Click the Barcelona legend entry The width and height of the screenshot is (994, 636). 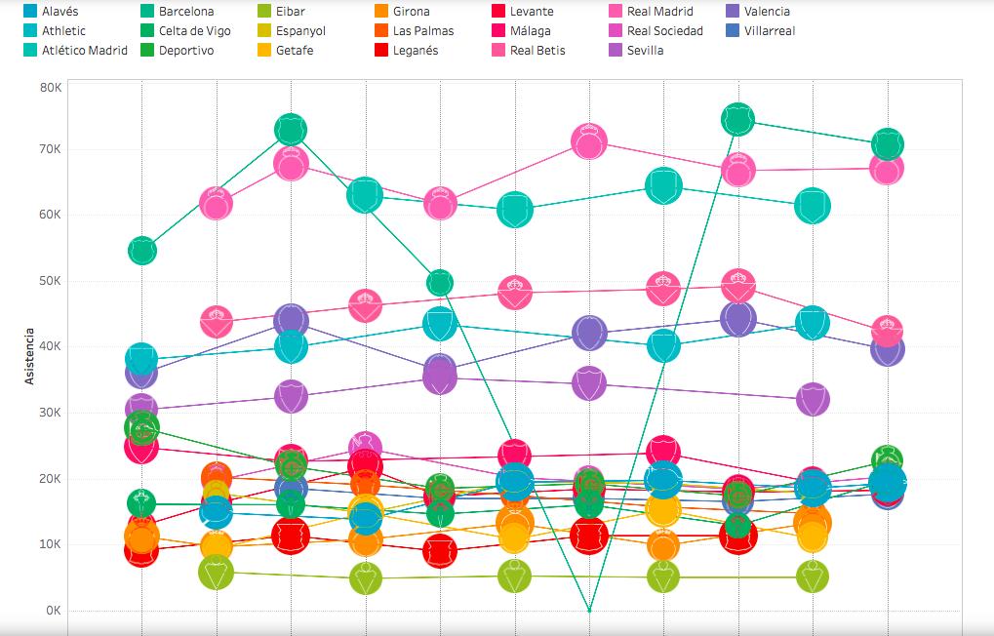pos(186,12)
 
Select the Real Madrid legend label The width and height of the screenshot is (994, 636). pos(660,12)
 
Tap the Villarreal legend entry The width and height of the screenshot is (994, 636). pos(770,31)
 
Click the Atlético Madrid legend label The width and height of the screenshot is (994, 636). pos(85,51)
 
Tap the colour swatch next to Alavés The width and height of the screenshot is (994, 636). pos(31,12)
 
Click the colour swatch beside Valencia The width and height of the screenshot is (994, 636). pos(733,12)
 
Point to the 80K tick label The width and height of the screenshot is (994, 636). pos(51,87)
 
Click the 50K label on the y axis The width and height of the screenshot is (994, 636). pos(51,281)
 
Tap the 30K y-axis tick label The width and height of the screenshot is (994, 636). pos(51,413)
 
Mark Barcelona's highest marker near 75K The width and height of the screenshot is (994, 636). pos(738,119)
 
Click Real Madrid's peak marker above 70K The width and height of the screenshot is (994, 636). pos(589,142)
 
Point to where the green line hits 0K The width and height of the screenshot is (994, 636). pos(589,611)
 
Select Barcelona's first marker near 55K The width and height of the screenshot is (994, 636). pos(141,251)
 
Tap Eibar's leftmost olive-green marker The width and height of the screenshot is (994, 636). pos(216,573)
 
